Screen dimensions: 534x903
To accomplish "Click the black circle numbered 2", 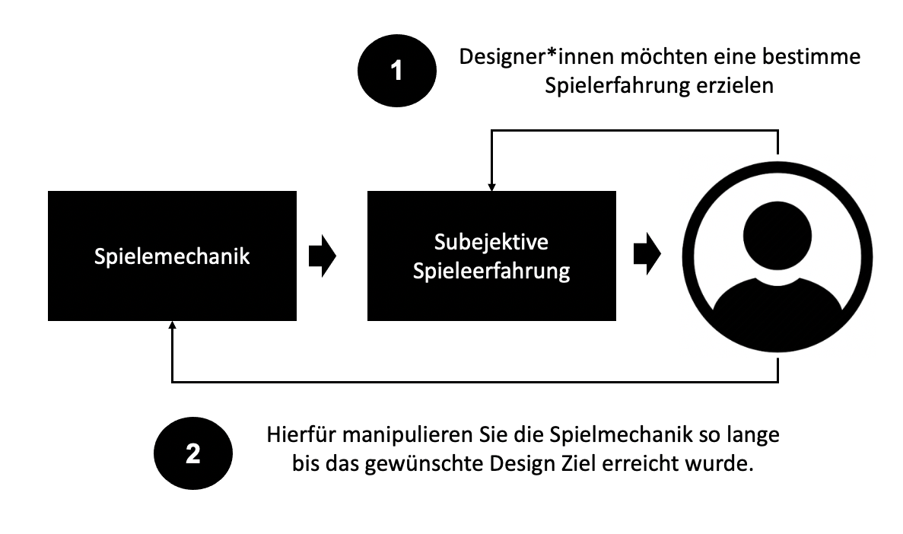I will pos(192,454).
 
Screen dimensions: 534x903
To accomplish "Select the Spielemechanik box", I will pos(172,256).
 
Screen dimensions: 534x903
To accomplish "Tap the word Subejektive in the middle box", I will pos(491,243).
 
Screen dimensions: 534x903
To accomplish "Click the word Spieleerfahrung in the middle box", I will pos(491,272).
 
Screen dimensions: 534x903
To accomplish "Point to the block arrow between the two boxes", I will pos(322,256).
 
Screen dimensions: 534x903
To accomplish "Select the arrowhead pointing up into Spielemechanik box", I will pos(173,325).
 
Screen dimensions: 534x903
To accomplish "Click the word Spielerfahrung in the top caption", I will pos(608,87).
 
